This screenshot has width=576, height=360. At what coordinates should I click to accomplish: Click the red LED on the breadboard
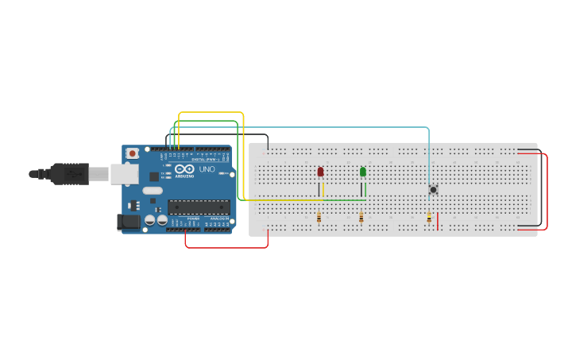point(321,172)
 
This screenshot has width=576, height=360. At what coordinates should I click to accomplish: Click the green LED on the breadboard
point(363,172)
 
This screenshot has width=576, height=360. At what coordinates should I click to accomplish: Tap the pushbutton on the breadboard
point(433,189)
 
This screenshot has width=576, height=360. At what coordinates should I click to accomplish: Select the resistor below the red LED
point(319,218)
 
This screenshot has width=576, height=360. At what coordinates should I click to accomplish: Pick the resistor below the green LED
point(361,218)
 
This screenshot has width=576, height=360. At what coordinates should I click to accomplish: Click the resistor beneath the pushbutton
point(429,218)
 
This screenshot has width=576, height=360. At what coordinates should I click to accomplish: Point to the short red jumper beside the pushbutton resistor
point(438,220)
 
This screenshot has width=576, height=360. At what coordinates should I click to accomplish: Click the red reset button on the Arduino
point(132,153)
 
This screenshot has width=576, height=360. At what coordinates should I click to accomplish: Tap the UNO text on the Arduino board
point(206,169)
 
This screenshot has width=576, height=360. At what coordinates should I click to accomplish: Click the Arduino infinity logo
point(185,169)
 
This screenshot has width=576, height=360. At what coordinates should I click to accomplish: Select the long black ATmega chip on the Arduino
point(198,207)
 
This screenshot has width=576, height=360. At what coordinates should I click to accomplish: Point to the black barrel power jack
point(129,223)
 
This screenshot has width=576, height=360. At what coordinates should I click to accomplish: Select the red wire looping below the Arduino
point(226,247)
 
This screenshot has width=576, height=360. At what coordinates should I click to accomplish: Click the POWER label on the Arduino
point(193,217)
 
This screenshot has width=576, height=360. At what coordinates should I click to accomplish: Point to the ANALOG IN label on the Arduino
point(218,217)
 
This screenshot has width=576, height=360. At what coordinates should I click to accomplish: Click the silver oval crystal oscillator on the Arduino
point(153,191)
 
